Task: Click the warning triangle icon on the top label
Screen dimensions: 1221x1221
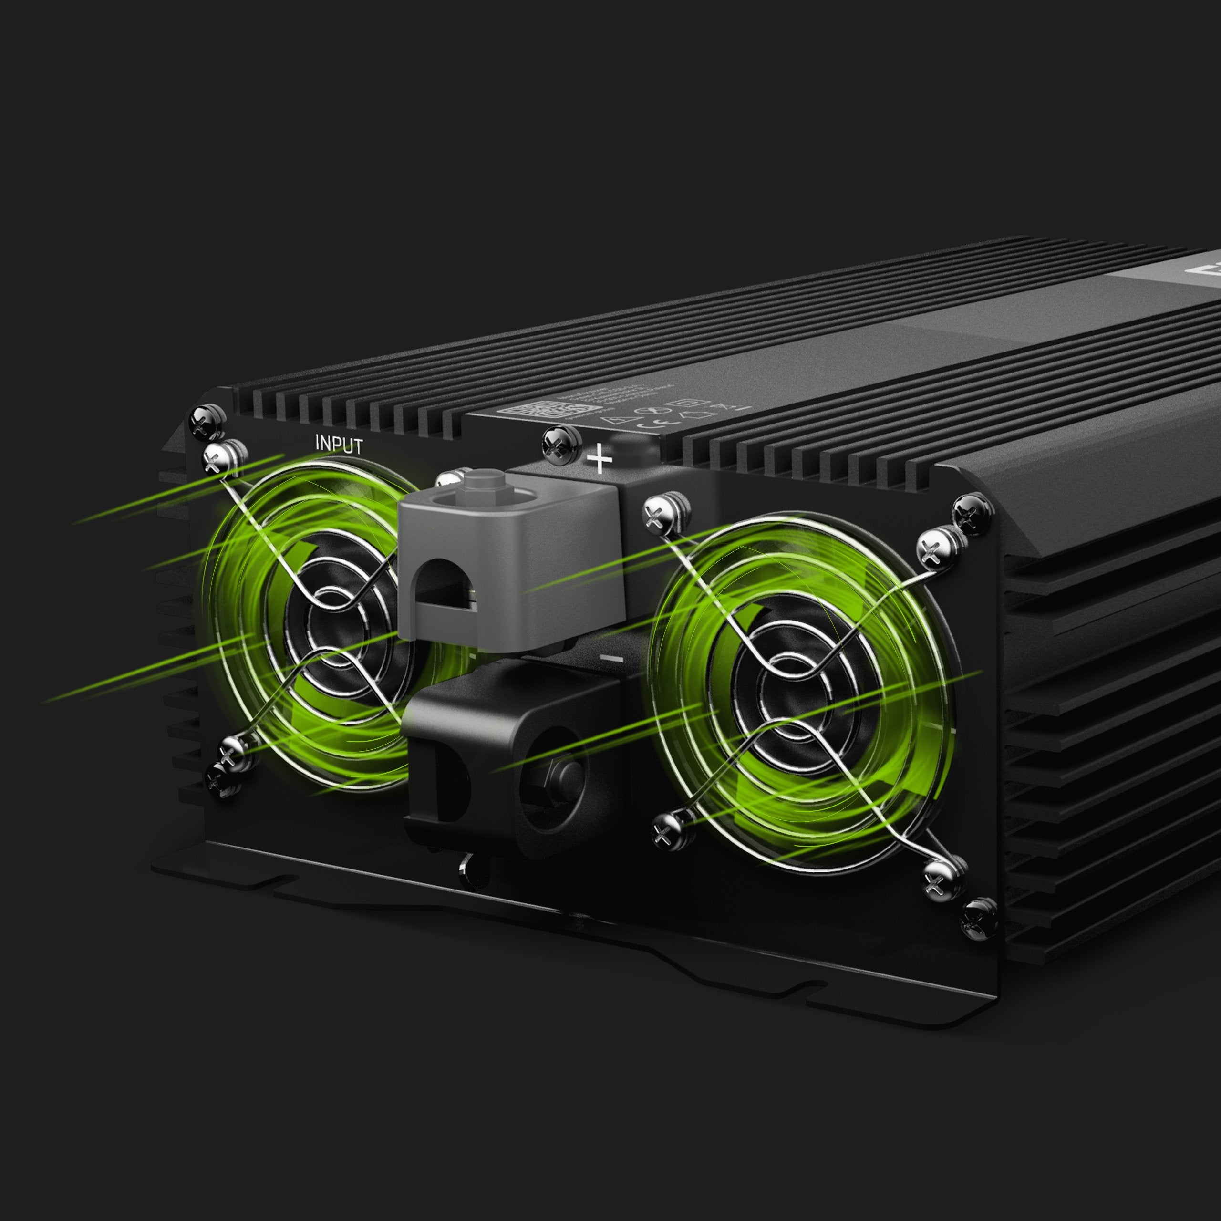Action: [608, 418]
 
